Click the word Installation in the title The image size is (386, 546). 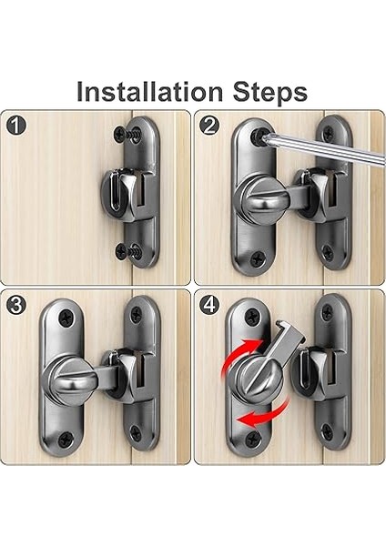pos(149,92)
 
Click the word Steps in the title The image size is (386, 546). pos(270,93)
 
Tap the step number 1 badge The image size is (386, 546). pos(16,126)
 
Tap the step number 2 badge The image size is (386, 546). pos(209,126)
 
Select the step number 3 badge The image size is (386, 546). pos(16,305)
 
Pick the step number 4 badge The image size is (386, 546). pos(209,305)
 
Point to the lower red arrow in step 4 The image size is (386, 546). pos(265,415)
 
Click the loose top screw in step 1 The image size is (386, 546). pos(128,134)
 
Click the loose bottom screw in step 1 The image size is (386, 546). pos(129,251)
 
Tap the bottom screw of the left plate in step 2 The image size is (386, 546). pos(258,259)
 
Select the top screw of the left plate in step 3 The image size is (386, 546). pos(66,318)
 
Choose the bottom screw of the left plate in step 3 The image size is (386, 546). pos(66,440)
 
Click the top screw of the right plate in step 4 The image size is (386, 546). pos(328,312)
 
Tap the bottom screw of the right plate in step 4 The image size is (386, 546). pos(327,431)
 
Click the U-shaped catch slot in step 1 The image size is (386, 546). pos(117,193)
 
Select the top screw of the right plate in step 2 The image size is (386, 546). pos(328,133)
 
